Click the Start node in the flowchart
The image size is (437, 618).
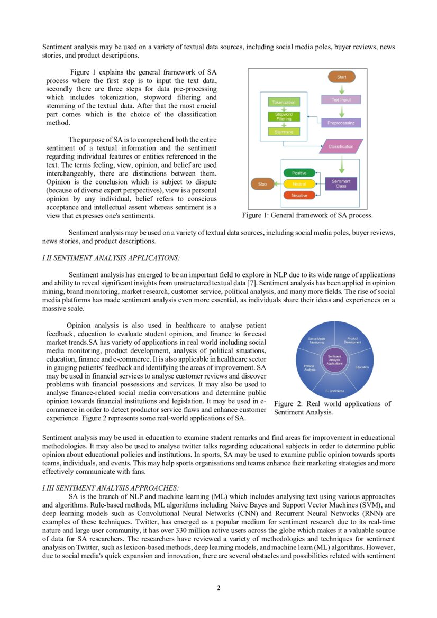[342, 77]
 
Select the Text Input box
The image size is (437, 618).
[341, 99]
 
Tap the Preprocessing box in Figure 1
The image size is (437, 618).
[341, 123]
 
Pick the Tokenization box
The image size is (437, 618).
[284, 102]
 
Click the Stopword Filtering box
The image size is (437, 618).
[284, 117]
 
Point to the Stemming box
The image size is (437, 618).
[284, 131]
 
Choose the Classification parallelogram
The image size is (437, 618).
[341, 146]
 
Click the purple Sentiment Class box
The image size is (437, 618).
[341, 184]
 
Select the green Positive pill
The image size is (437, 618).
[299, 173]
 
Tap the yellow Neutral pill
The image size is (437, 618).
[299, 184]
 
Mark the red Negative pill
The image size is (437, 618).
[299, 195]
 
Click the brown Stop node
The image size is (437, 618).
[262, 184]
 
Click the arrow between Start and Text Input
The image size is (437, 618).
[342, 88]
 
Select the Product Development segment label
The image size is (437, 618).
[353, 340]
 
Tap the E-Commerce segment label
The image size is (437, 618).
[334, 391]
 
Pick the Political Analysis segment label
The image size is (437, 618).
[310, 367]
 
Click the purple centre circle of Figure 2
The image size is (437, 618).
[334, 361]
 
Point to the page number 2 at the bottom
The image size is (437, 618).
[218, 588]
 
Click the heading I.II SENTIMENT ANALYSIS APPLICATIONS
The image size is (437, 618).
[111, 258]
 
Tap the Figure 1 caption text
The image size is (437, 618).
[307, 215]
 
